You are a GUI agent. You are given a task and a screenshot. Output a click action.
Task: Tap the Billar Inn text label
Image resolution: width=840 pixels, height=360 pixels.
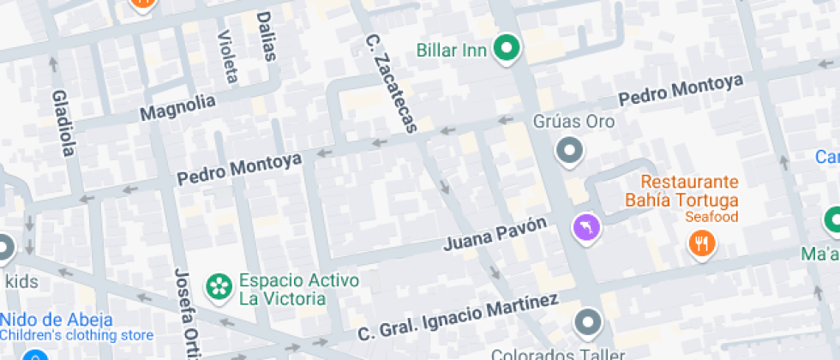coord(451,49)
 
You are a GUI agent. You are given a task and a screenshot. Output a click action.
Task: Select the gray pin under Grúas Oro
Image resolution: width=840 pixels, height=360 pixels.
coord(569,152)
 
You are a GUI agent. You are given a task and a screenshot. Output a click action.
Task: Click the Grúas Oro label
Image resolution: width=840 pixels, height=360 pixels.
coord(573,122)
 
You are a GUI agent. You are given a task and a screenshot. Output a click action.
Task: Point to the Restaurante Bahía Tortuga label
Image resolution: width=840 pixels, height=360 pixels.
coord(689,191)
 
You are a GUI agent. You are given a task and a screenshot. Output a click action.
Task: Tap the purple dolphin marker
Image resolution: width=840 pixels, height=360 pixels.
coord(586,226)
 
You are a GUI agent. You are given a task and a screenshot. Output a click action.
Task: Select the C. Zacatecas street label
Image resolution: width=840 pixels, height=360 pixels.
coord(390,83)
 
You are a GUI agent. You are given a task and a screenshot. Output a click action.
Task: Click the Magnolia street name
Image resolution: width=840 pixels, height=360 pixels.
coord(177,108)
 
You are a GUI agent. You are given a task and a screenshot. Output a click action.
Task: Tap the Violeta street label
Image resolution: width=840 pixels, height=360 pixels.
coord(227,57)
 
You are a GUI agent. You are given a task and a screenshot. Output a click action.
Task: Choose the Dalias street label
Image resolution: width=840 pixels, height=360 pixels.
coord(267,36)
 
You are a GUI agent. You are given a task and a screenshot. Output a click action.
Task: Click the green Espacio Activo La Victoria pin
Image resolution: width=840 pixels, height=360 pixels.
coord(219,286)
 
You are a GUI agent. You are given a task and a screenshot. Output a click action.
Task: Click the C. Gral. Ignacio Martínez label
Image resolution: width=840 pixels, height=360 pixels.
coord(458,317)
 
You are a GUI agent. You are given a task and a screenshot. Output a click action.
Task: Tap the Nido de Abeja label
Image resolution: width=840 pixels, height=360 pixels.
coord(48,321)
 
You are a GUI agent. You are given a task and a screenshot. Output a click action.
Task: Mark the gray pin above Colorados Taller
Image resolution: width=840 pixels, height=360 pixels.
coord(588,323)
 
